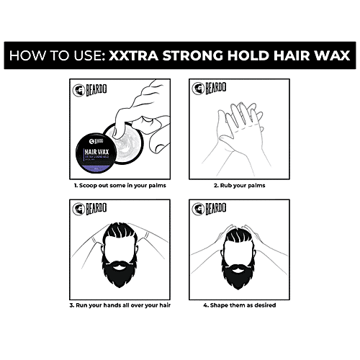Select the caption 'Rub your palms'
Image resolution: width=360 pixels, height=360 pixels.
point(238,185)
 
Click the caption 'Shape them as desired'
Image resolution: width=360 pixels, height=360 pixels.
point(238,305)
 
